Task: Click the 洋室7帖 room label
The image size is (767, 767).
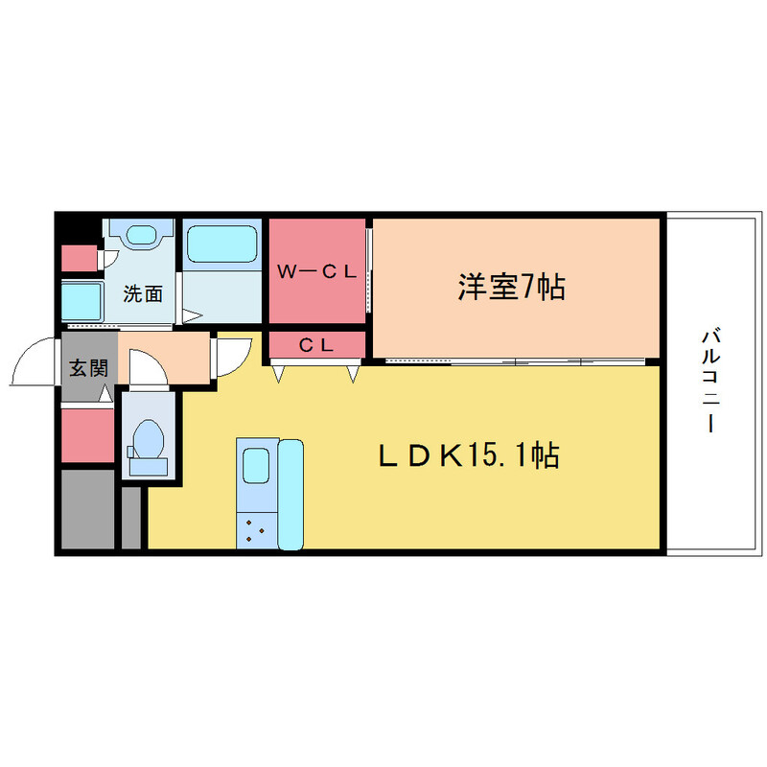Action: (510, 287)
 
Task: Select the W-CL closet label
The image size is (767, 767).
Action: (316, 272)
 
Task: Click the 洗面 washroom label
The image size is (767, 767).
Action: (143, 294)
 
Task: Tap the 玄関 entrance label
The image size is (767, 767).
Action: (87, 367)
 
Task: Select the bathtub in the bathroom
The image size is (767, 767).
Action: (221, 244)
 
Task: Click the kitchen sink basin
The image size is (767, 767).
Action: (256, 467)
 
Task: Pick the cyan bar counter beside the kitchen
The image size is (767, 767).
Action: (290, 495)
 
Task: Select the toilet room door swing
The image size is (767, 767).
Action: (147, 368)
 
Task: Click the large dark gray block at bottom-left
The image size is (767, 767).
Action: (86, 508)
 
